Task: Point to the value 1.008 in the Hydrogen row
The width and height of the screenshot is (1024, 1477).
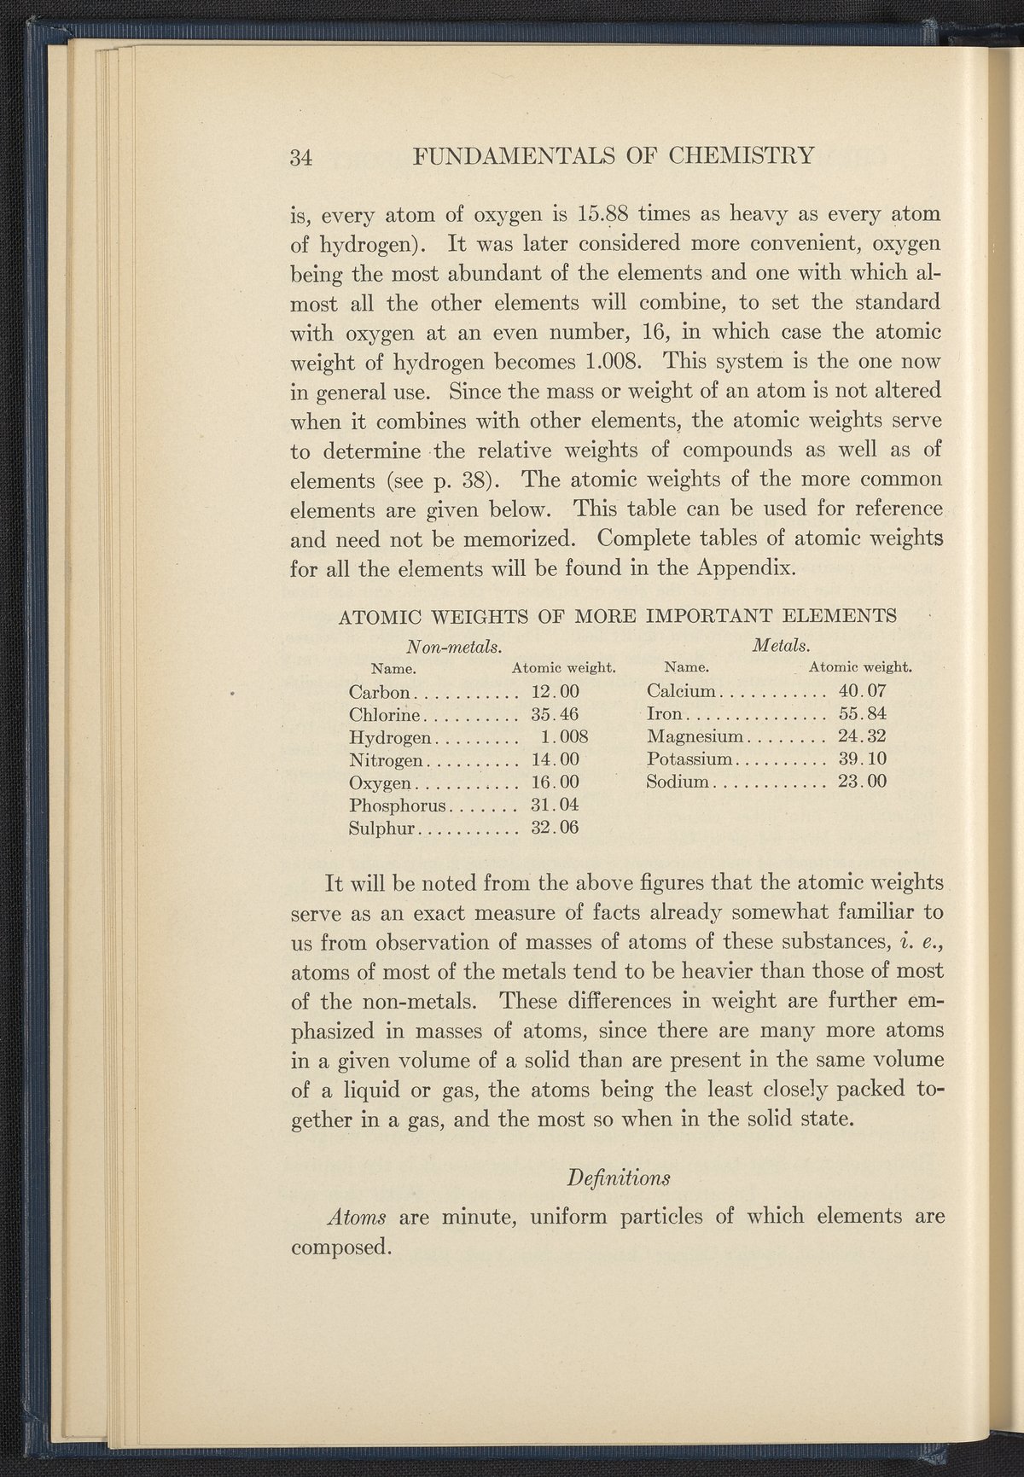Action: point(567,736)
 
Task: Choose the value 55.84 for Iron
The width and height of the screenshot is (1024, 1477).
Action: point(864,713)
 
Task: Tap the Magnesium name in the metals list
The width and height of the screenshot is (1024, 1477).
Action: point(696,736)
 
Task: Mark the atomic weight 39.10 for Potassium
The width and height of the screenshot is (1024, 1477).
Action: point(864,759)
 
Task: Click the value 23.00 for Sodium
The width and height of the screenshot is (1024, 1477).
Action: point(864,782)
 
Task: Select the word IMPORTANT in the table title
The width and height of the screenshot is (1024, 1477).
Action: point(707,615)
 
